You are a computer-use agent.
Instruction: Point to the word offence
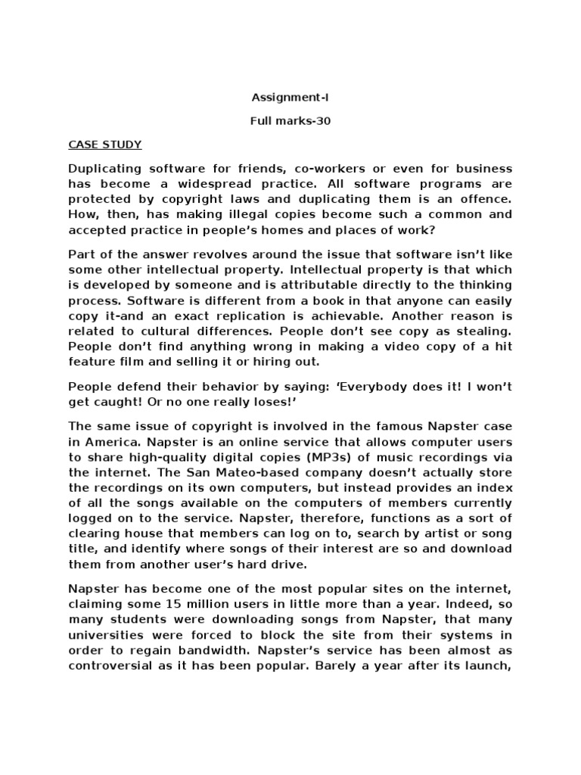point(482,199)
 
